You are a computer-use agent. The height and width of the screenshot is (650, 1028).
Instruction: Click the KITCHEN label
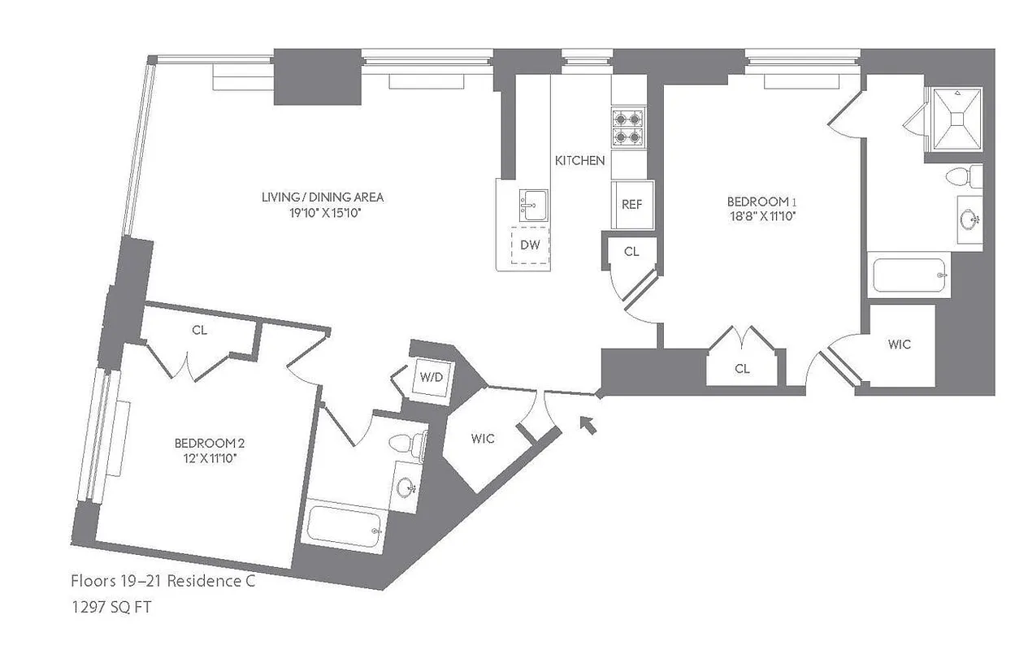click(579, 160)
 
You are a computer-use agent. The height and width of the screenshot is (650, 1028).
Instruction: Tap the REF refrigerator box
click(631, 205)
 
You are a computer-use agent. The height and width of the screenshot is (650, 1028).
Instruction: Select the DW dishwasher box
click(530, 244)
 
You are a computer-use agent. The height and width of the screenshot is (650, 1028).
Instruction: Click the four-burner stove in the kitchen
click(627, 127)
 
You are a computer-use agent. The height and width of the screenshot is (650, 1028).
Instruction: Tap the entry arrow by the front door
click(588, 424)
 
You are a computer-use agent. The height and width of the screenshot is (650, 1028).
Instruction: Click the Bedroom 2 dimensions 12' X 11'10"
click(210, 458)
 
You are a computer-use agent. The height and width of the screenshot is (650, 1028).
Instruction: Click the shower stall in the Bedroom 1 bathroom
click(956, 119)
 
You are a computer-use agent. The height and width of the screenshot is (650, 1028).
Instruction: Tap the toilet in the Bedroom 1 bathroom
click(963, 176)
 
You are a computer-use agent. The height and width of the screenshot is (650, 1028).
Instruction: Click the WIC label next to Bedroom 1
click(899, 344)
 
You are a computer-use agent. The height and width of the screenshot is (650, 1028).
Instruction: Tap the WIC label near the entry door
click(483, 439)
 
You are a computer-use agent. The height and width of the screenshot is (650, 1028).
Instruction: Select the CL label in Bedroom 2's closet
click(199, 330)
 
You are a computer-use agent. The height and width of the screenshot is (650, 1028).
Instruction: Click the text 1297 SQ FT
click(111, 607)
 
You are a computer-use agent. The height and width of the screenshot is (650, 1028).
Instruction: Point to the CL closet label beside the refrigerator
click(631, 252)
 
